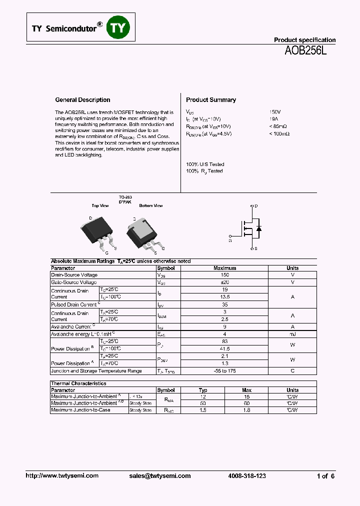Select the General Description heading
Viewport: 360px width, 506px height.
tap(82, 100)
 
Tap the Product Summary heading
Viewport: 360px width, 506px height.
tap(210, 100)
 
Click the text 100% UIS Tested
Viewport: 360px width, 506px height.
tap(205, 164)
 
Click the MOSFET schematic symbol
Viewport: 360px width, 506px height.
tap(249, 227)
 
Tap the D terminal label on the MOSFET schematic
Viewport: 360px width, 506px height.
tap(256, 206)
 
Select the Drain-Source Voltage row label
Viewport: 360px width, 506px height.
tap(74, 275)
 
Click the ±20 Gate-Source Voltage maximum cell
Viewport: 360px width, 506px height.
tap(224, 282)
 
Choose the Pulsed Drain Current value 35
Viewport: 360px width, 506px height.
tap(224, 304)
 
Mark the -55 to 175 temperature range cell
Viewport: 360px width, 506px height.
tap(224, 371)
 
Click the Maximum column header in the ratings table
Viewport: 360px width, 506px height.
tap(224, 268)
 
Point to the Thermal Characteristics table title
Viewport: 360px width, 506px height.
tap(78, 383)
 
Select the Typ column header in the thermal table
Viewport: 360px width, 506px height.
tap(203, 390)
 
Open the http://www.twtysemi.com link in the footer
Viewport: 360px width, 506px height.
tap(62, 476)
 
